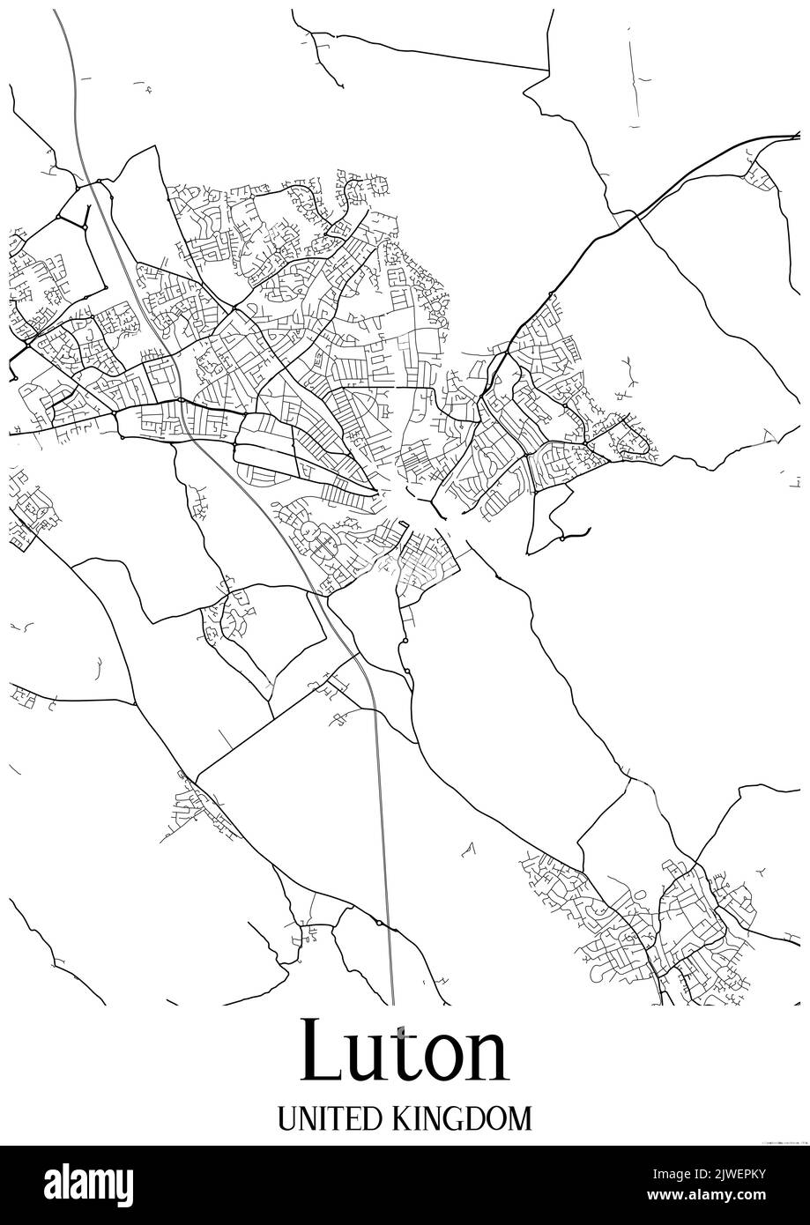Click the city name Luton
click(405, 1051)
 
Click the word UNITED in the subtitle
click(326, 1119)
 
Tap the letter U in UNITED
click(286, 1119)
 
